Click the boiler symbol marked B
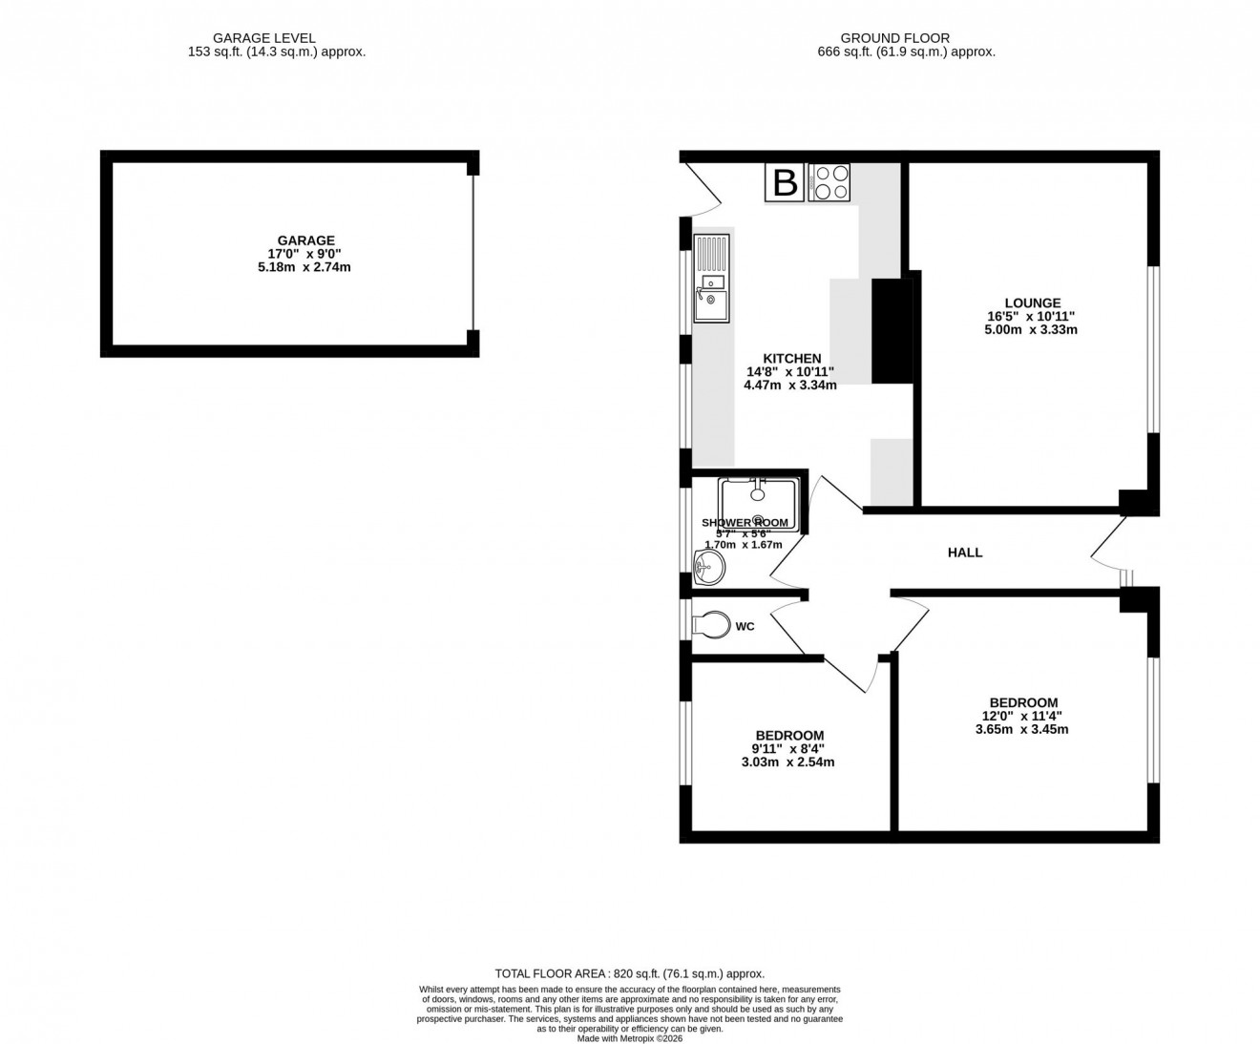[x=785, y=182]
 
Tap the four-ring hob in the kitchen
[x=829, y=182]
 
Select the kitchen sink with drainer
[x=711, y=279]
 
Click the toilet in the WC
[x=711, y=626]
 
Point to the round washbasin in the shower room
[x=708, y=570]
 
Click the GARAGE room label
[x=305, y=240]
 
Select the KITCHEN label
[x=791, y=359]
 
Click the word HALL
[x=965, y=553]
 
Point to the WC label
[x=745, y=627]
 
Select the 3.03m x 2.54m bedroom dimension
[x=788, y=762]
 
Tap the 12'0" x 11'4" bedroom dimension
[x=1023, y=717]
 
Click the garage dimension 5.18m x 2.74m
[x=305, y=267]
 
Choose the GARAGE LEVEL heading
[x=277, y=38]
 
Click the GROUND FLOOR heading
[x=906, y=38]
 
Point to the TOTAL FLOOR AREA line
[x=629, y=973]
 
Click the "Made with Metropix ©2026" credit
[x=629, y=1037]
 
